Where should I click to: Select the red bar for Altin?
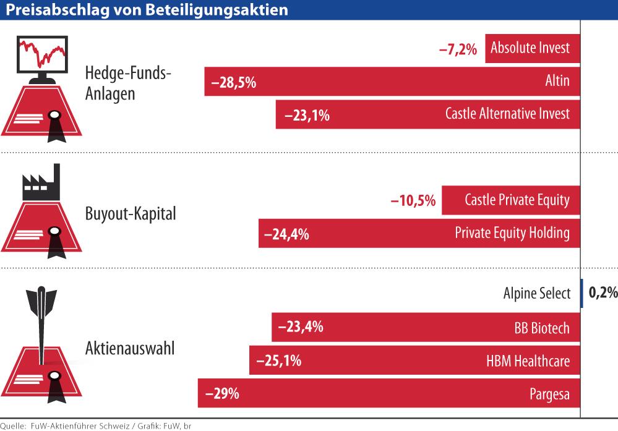[x=392, y=81]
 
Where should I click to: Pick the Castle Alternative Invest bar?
[x=428, y=114]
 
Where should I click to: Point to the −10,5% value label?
[x=413, y=201]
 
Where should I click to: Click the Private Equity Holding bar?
[x=419, y=233]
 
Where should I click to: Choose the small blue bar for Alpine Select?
[x=582, y=293]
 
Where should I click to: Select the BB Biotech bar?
[x=426, y=327]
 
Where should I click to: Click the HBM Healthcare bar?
[x=414, y=360]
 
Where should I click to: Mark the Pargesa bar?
[x=388, y=393]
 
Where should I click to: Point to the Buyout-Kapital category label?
[x=131, y=214]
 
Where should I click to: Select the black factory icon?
[x=42, y=184]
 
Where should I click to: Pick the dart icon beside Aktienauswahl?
[x=41, y=322]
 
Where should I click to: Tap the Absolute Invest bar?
[x=533, y=48]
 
